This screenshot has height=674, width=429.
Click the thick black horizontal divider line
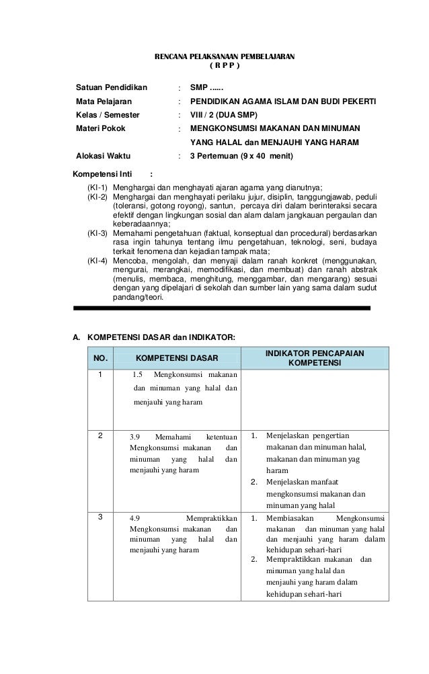[x=222, y=308]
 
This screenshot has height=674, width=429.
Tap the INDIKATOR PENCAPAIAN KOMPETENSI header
[x=315, y=357]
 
